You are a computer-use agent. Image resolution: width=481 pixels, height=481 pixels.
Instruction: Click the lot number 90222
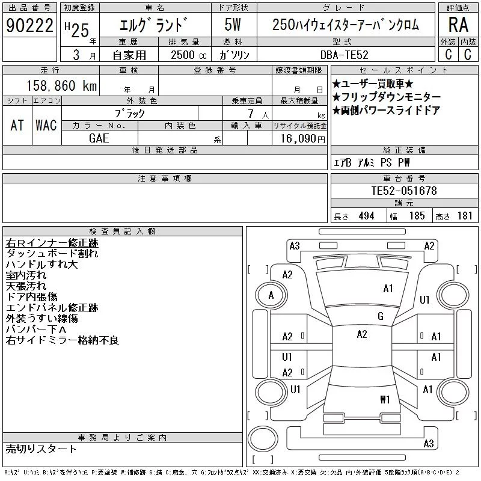29,25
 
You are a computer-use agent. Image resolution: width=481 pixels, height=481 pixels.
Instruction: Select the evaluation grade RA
458,25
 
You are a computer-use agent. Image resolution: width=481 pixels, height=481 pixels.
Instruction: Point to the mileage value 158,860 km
61,85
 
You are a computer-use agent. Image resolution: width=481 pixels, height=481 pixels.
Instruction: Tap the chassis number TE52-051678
404,191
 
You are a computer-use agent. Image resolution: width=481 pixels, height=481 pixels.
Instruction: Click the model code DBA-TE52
344,55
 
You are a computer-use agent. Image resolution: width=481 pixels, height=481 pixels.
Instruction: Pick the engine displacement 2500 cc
188,55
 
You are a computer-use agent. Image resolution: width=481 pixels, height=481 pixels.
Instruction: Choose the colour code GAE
99,138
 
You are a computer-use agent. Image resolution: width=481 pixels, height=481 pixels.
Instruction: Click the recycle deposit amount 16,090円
303,139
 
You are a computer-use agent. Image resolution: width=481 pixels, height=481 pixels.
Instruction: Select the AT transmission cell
17,125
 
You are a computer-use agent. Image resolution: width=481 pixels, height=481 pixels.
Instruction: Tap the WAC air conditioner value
46,125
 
